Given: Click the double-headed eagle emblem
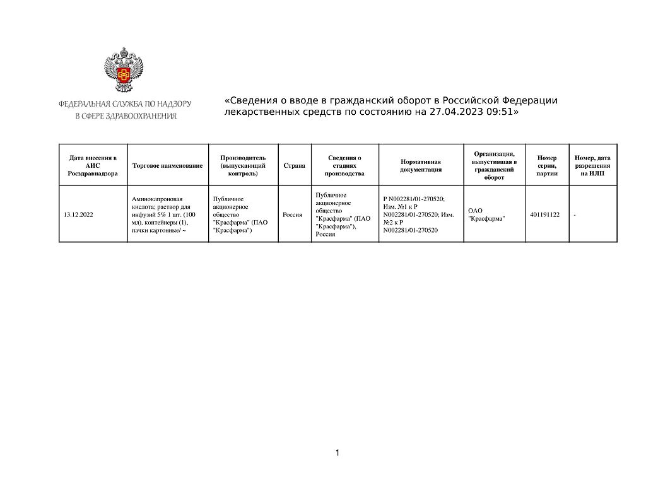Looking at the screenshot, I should [x=123, y=71].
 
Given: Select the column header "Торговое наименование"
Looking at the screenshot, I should [x=168, y=165].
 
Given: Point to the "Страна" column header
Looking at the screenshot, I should [x=294, y=165].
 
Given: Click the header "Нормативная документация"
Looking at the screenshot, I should [x=421, y=165].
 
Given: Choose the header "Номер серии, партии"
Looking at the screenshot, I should [x=547, y=165].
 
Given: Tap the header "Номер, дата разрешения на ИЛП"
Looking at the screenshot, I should [x=592, y=165].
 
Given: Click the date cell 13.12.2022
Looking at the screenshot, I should [x=79, y=214].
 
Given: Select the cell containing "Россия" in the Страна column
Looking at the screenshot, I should [x=292, y=214].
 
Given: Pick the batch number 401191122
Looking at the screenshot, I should [x=545, y=214].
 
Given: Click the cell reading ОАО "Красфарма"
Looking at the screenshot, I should [x=486, y=214].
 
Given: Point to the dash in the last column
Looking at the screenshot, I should [x=575, y=215].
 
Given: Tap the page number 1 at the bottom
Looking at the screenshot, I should [x=338, y=453].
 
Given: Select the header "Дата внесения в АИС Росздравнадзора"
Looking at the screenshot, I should [x=93, y=165].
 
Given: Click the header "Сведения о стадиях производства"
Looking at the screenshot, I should [x=344, y=165].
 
